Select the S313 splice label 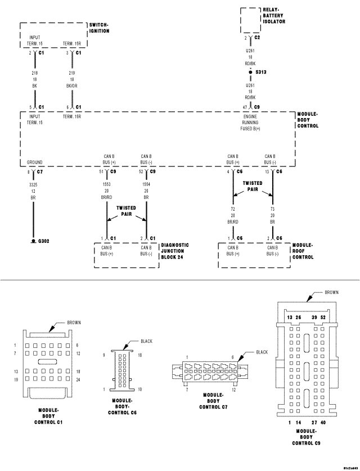(260, 73)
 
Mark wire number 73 (273, 209)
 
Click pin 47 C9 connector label (251, 106)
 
